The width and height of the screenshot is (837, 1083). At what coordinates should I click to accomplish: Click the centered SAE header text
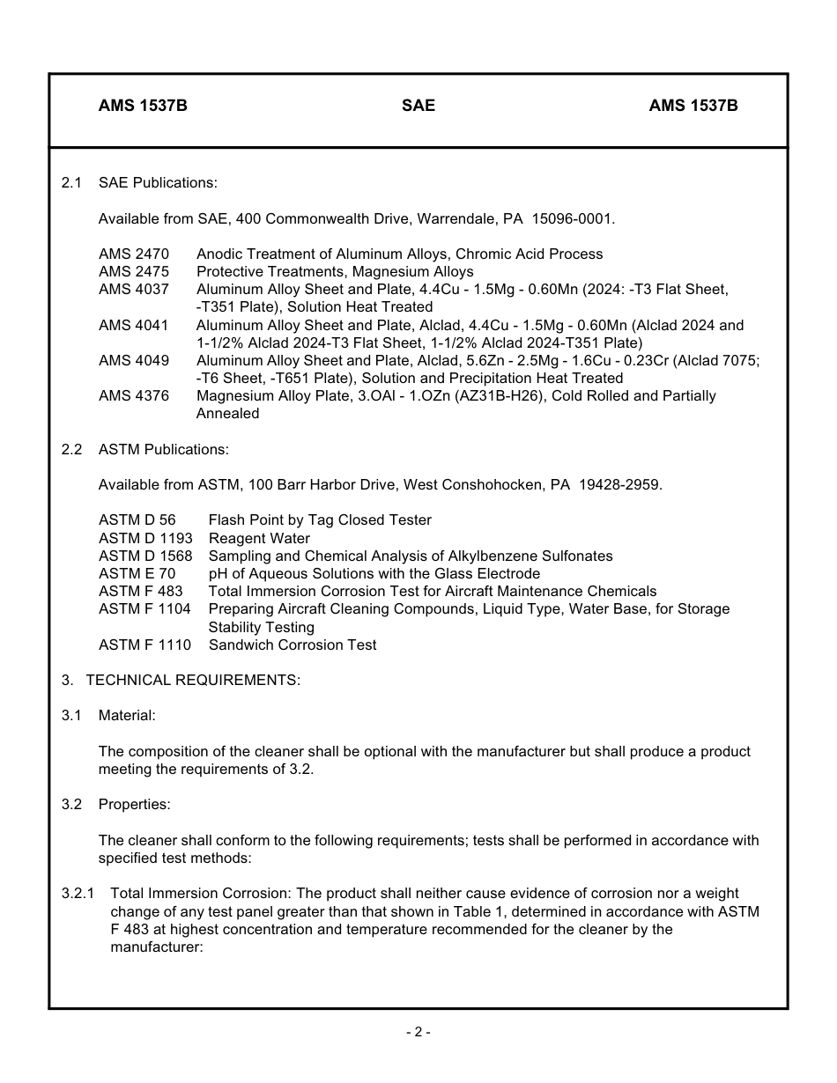[418, 106]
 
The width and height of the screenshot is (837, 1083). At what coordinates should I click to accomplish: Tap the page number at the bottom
[418, 1032]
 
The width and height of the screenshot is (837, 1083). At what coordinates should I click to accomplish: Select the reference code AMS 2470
[134, 254]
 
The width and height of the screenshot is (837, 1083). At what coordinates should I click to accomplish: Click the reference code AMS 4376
[134, 395]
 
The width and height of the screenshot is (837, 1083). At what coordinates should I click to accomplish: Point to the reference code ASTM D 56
[137, 519]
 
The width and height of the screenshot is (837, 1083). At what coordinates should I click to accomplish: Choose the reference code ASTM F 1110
[144, 645]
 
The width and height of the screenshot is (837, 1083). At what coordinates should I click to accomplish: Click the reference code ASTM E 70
[137, 573]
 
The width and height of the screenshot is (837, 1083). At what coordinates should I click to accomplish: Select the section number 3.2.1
[78, 893]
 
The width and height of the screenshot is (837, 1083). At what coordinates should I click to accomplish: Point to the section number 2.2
[71, 449]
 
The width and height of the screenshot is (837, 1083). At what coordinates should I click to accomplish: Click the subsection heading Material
[127, 715]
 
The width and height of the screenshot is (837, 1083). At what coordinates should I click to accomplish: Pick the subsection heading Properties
[134, 804]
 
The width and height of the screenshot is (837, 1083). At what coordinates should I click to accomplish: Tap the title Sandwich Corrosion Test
[293, 645]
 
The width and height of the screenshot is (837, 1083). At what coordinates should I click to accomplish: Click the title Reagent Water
[259, 538]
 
